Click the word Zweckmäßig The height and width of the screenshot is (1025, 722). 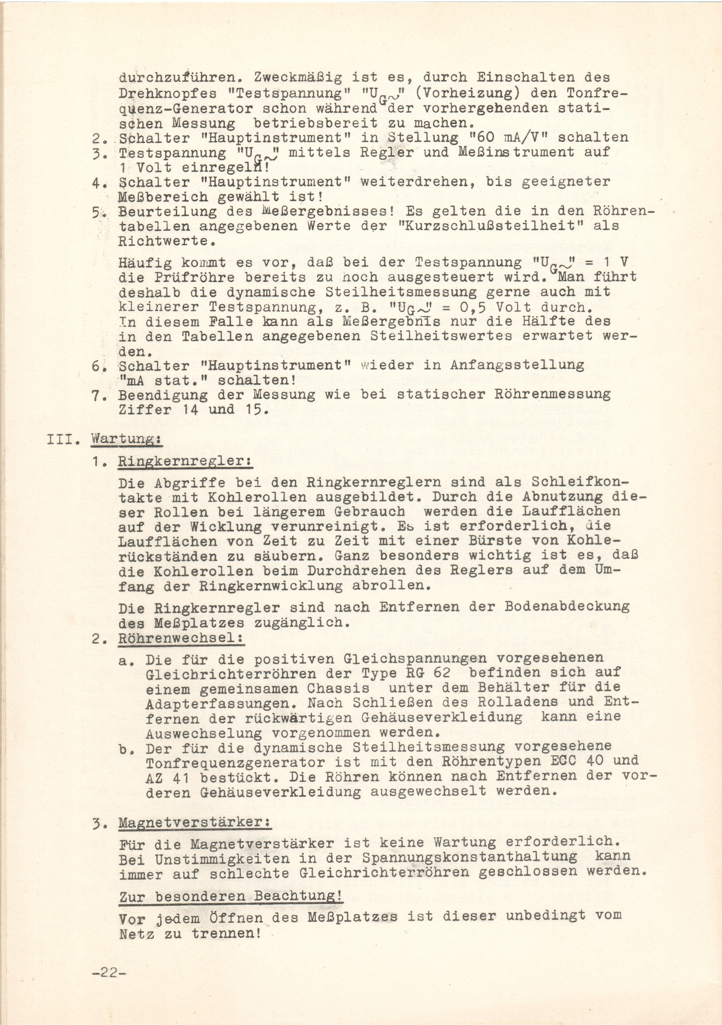(298, 78)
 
